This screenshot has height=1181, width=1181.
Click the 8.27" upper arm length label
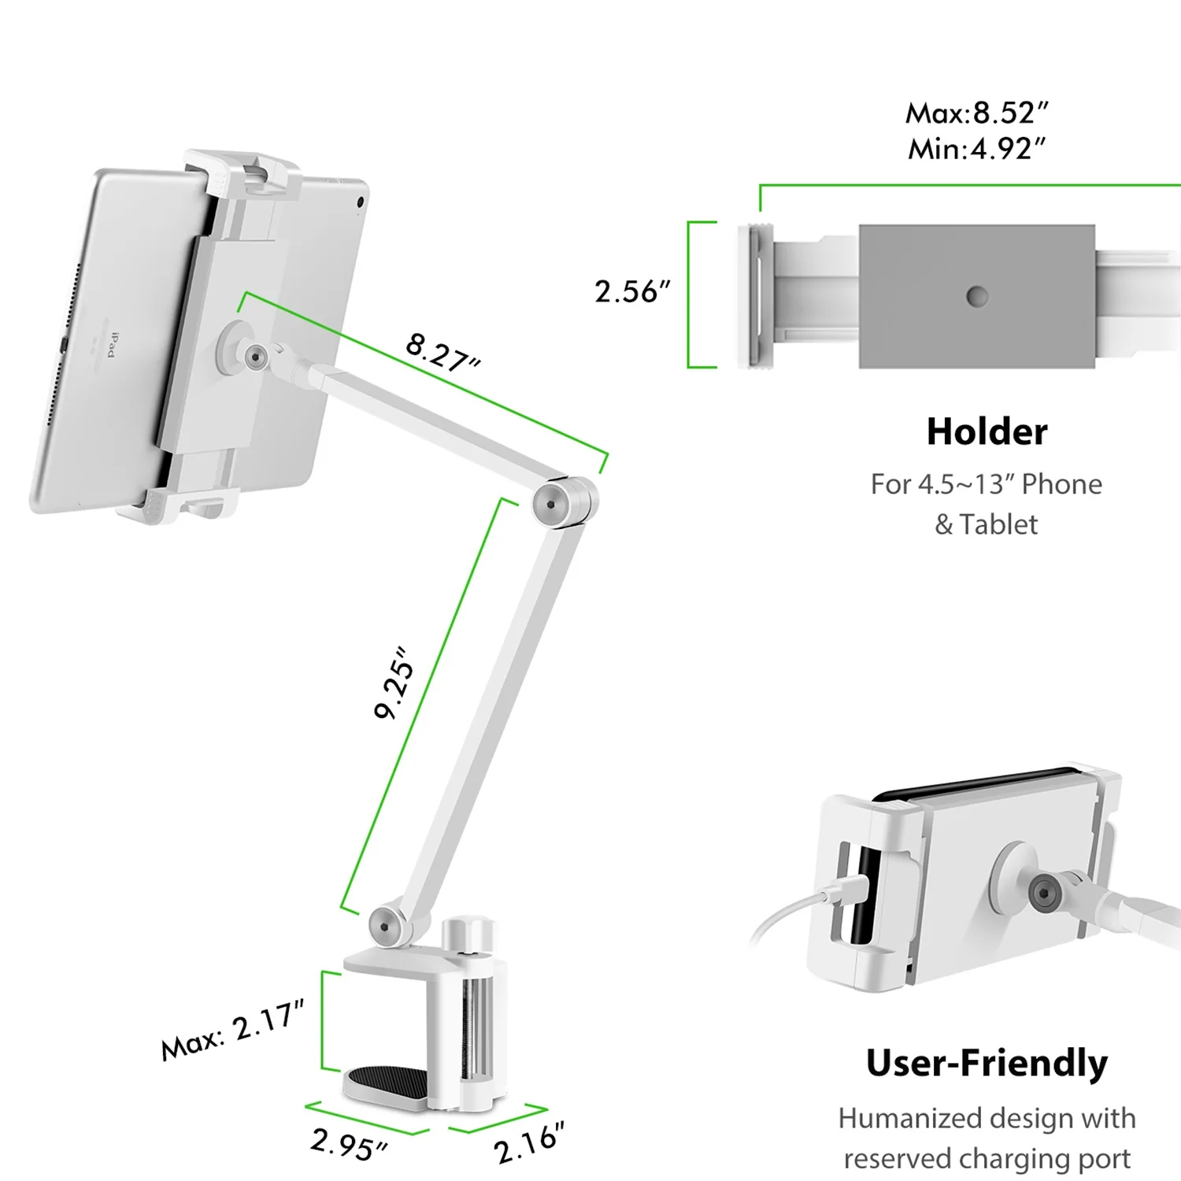click(x=442, y=352)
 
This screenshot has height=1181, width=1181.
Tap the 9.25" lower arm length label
click(x=394, y=683)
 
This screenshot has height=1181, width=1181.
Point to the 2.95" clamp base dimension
click(x=349, y=1143)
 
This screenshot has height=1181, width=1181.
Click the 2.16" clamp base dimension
click(x=529, y=1143)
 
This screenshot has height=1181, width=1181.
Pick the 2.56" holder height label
click(x=631, y=292)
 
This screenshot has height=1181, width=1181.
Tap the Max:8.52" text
click(x=976, y=113)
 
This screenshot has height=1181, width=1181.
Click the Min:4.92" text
click(x=976, y=149)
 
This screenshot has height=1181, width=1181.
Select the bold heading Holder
click(x=987, y=431)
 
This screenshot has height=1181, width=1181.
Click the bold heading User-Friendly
click(x=987, y=1063)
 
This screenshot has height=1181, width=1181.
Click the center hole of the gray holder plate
click(x=977, y=297)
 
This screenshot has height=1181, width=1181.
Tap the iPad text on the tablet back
click(x=112, y=344)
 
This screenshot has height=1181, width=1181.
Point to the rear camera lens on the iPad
click(x=361, y=202)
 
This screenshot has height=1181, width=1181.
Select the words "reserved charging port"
click(x=987, y=1158)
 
